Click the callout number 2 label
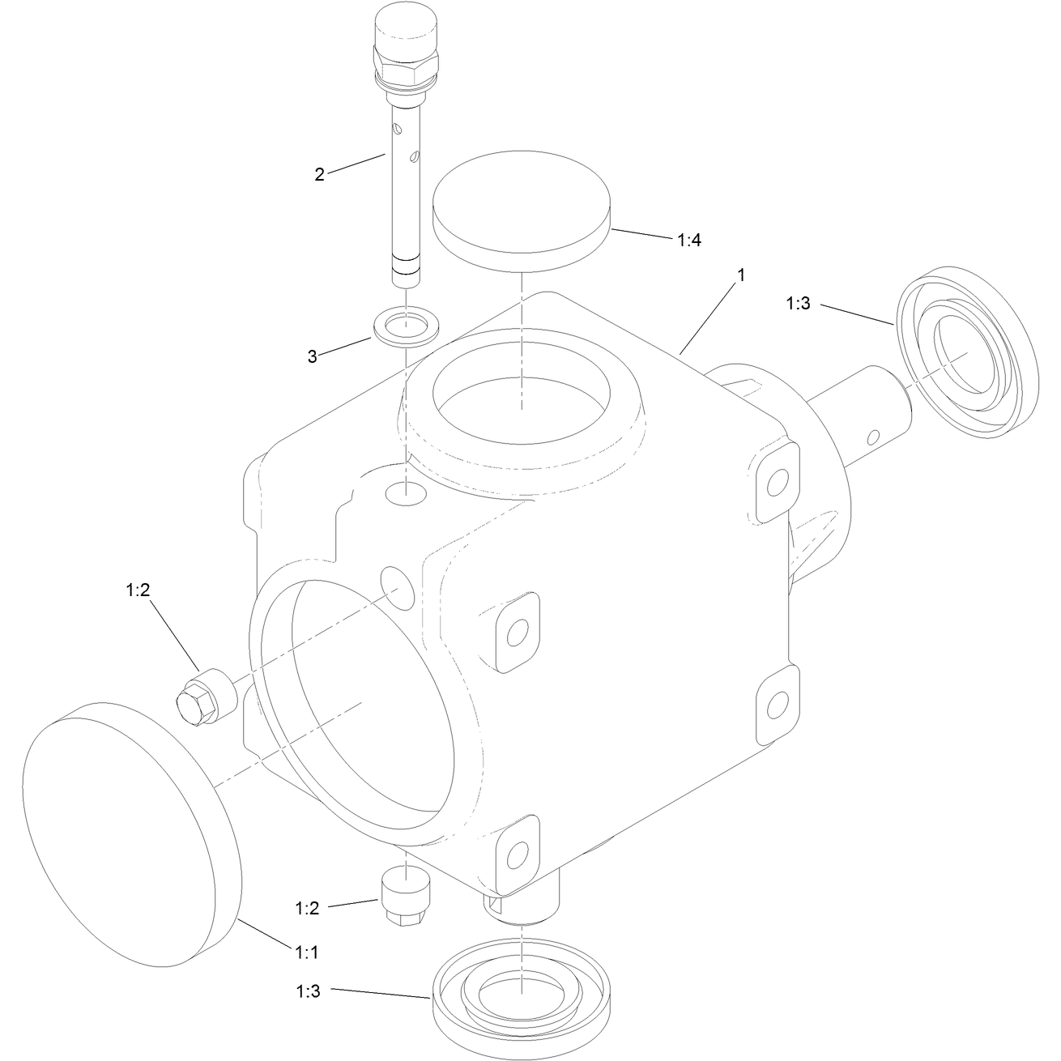point(319,175)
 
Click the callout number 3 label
point(312,357)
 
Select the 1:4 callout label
point(688,240)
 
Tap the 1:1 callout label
point(307,952)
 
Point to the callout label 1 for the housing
point(741,275)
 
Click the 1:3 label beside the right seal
point(799,304)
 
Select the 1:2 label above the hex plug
point(138,590)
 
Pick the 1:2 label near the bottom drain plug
point(307,908)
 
